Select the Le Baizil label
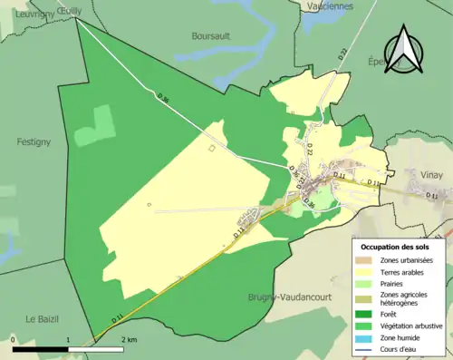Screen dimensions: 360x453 pos(42,318)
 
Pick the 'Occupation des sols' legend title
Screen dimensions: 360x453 pos(399,246)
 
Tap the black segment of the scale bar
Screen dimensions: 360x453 pos(41,347)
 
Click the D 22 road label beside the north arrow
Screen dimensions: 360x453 pos(343,56)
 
